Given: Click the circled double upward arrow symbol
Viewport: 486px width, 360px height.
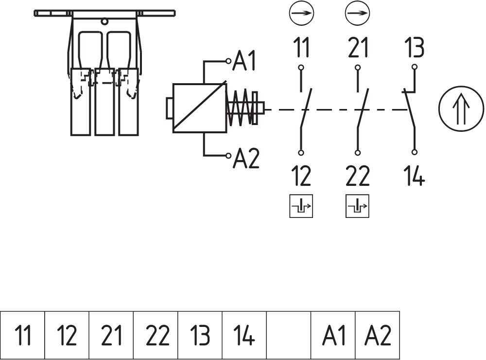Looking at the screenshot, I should pyautogui.click(x=461, y=108).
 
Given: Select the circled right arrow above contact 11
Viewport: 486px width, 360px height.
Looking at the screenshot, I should pyautogui.click(x=301, y=13).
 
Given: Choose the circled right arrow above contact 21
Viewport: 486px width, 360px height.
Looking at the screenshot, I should pyautogui.click(x=357, y=13).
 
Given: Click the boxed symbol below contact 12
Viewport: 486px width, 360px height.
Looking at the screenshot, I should pyautogui.click(x=301, y=206).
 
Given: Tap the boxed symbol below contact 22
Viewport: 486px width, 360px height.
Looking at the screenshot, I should pyautogui.click(x=358, y=206).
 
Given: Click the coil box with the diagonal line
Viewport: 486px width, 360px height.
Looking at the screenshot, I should pyautogui.click(x=199, y=108).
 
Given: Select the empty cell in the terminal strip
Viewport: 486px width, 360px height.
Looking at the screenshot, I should pyautogui.click(x=289, y=335).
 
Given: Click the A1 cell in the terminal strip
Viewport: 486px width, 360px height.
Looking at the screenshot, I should pyautogui.click(x=333, y=335).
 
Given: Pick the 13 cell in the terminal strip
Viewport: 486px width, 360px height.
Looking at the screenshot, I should pyautogui.click(x=200, y=335).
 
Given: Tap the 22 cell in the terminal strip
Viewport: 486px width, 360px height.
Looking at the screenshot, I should pyautogui.click(x=156, y=335).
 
